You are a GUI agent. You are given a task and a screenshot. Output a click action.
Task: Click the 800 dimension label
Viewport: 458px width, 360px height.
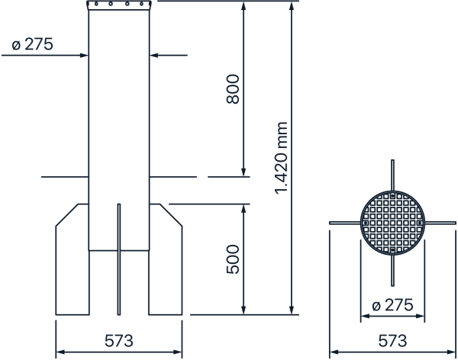(233, 89)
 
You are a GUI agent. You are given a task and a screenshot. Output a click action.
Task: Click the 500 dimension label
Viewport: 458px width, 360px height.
(233, 259)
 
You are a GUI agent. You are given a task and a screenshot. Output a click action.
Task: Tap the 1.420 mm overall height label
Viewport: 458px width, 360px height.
(281, 158)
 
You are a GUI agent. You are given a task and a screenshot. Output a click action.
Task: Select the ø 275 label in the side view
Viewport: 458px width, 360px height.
(32, 44)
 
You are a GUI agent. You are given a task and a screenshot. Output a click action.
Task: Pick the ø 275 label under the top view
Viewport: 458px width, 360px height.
(392, 305)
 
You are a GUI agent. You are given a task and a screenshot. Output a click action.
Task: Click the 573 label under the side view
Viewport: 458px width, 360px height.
(119, 341)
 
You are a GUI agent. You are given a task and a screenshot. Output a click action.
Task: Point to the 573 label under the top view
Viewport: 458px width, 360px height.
(392, 341)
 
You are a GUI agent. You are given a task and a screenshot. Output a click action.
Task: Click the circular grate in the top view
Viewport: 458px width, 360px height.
(392, 223)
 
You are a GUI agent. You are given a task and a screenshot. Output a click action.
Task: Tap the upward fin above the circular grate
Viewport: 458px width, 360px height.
(392, 175)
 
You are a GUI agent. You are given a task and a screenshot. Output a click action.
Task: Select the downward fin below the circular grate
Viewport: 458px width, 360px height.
(392, 270)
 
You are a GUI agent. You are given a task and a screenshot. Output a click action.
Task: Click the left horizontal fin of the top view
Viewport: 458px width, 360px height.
(345, 223)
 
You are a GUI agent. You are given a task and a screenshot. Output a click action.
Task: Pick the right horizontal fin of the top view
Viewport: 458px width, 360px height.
(440, 223)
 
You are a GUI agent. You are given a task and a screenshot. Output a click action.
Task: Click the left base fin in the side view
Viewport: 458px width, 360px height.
(73, 259)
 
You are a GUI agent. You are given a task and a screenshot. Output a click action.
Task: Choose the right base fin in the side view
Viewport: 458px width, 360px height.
(166, 259)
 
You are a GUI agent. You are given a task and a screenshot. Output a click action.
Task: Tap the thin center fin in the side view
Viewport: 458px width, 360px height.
(119, 259)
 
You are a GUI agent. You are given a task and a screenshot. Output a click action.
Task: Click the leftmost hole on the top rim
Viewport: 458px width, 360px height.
(96, 4)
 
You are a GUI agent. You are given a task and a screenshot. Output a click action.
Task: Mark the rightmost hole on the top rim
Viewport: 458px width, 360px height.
(142, 4)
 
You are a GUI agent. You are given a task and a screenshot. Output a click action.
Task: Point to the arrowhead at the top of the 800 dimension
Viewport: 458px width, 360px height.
(244, 6)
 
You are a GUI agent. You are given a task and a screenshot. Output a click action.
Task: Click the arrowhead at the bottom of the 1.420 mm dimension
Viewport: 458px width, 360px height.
(292, 310)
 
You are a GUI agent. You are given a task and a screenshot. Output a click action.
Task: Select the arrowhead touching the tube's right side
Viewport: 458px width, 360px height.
(154, 55)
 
